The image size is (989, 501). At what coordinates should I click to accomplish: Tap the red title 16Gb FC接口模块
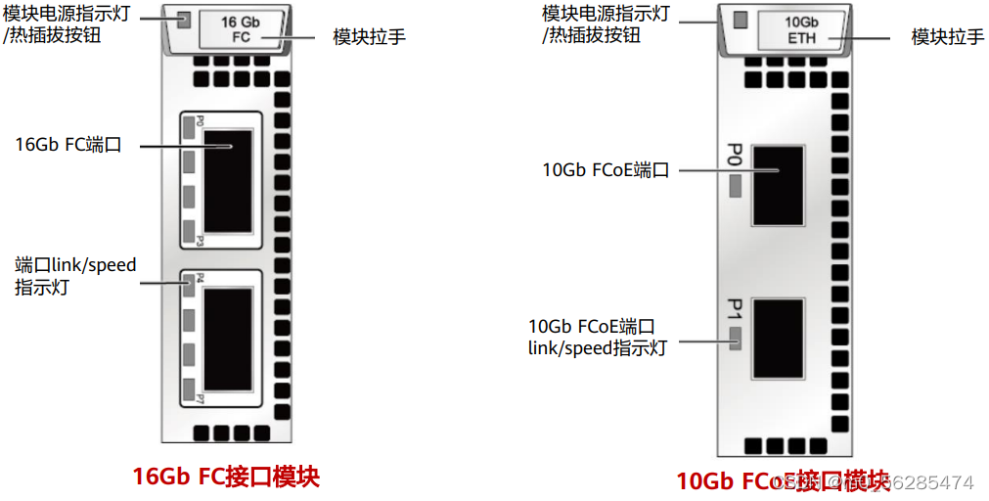coord(226,477)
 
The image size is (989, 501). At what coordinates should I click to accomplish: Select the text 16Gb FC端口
coord(68,145)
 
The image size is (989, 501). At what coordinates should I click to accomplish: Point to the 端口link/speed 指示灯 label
coord(75,276)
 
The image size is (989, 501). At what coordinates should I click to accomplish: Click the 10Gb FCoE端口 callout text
coord(606,169)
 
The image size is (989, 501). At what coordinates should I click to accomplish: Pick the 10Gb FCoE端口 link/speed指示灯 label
coord(598,337)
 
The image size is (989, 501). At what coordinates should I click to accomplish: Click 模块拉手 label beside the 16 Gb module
coord(369,37)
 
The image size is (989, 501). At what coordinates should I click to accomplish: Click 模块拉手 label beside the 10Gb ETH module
coord(947,37)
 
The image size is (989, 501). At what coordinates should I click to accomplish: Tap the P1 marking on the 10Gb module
coord(735,311)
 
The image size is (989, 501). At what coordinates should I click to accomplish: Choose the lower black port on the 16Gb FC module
coord(227,340)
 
